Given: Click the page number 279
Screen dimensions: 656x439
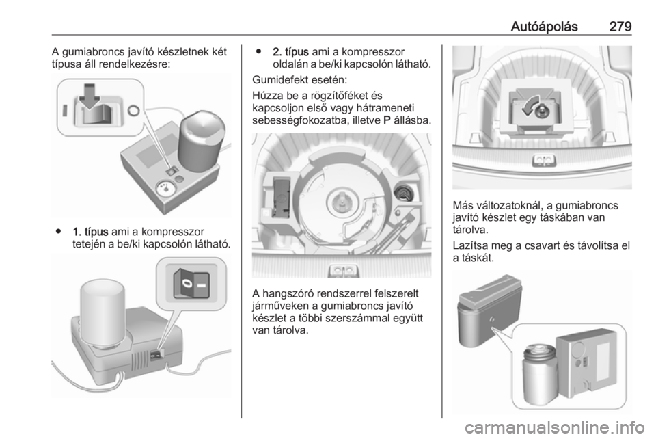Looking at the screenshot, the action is pyautogui.click(x=620, y=27).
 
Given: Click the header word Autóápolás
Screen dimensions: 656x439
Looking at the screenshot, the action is pyautogui.click(x=544, y=27).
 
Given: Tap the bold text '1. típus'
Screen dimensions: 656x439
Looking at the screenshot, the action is pyautogui.click(x=90, y=231).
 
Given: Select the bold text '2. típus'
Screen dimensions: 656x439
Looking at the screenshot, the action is pyautogui.click(x=291, y=52).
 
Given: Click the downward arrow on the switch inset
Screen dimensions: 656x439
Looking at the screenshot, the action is pyautogui.click(x=89, y=96).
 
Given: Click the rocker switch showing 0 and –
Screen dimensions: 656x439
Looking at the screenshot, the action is pyautogui.click(x=191, y=283).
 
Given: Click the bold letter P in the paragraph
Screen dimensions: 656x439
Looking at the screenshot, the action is pyautogui.click(x=387, y=120).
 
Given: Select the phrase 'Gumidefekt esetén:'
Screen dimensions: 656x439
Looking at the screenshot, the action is pyautogui.click(x=299, y=79).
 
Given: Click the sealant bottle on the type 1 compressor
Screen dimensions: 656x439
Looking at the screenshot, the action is pyautogui.click(x=201, y=142).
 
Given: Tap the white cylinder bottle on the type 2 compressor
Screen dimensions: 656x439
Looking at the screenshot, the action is pyautogui.click(x=102, y=314).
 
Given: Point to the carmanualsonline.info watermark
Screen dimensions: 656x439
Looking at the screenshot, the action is pyautogui.click(x=554, y=427).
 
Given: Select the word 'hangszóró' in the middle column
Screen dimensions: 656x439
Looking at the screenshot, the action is pyautogui.click(x=288, y=294).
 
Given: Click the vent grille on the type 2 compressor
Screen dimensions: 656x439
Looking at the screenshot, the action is pyautogui.click(x=139, y=360).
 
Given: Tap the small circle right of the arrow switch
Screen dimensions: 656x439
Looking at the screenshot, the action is pyautogui.click(x=133, y=111).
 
